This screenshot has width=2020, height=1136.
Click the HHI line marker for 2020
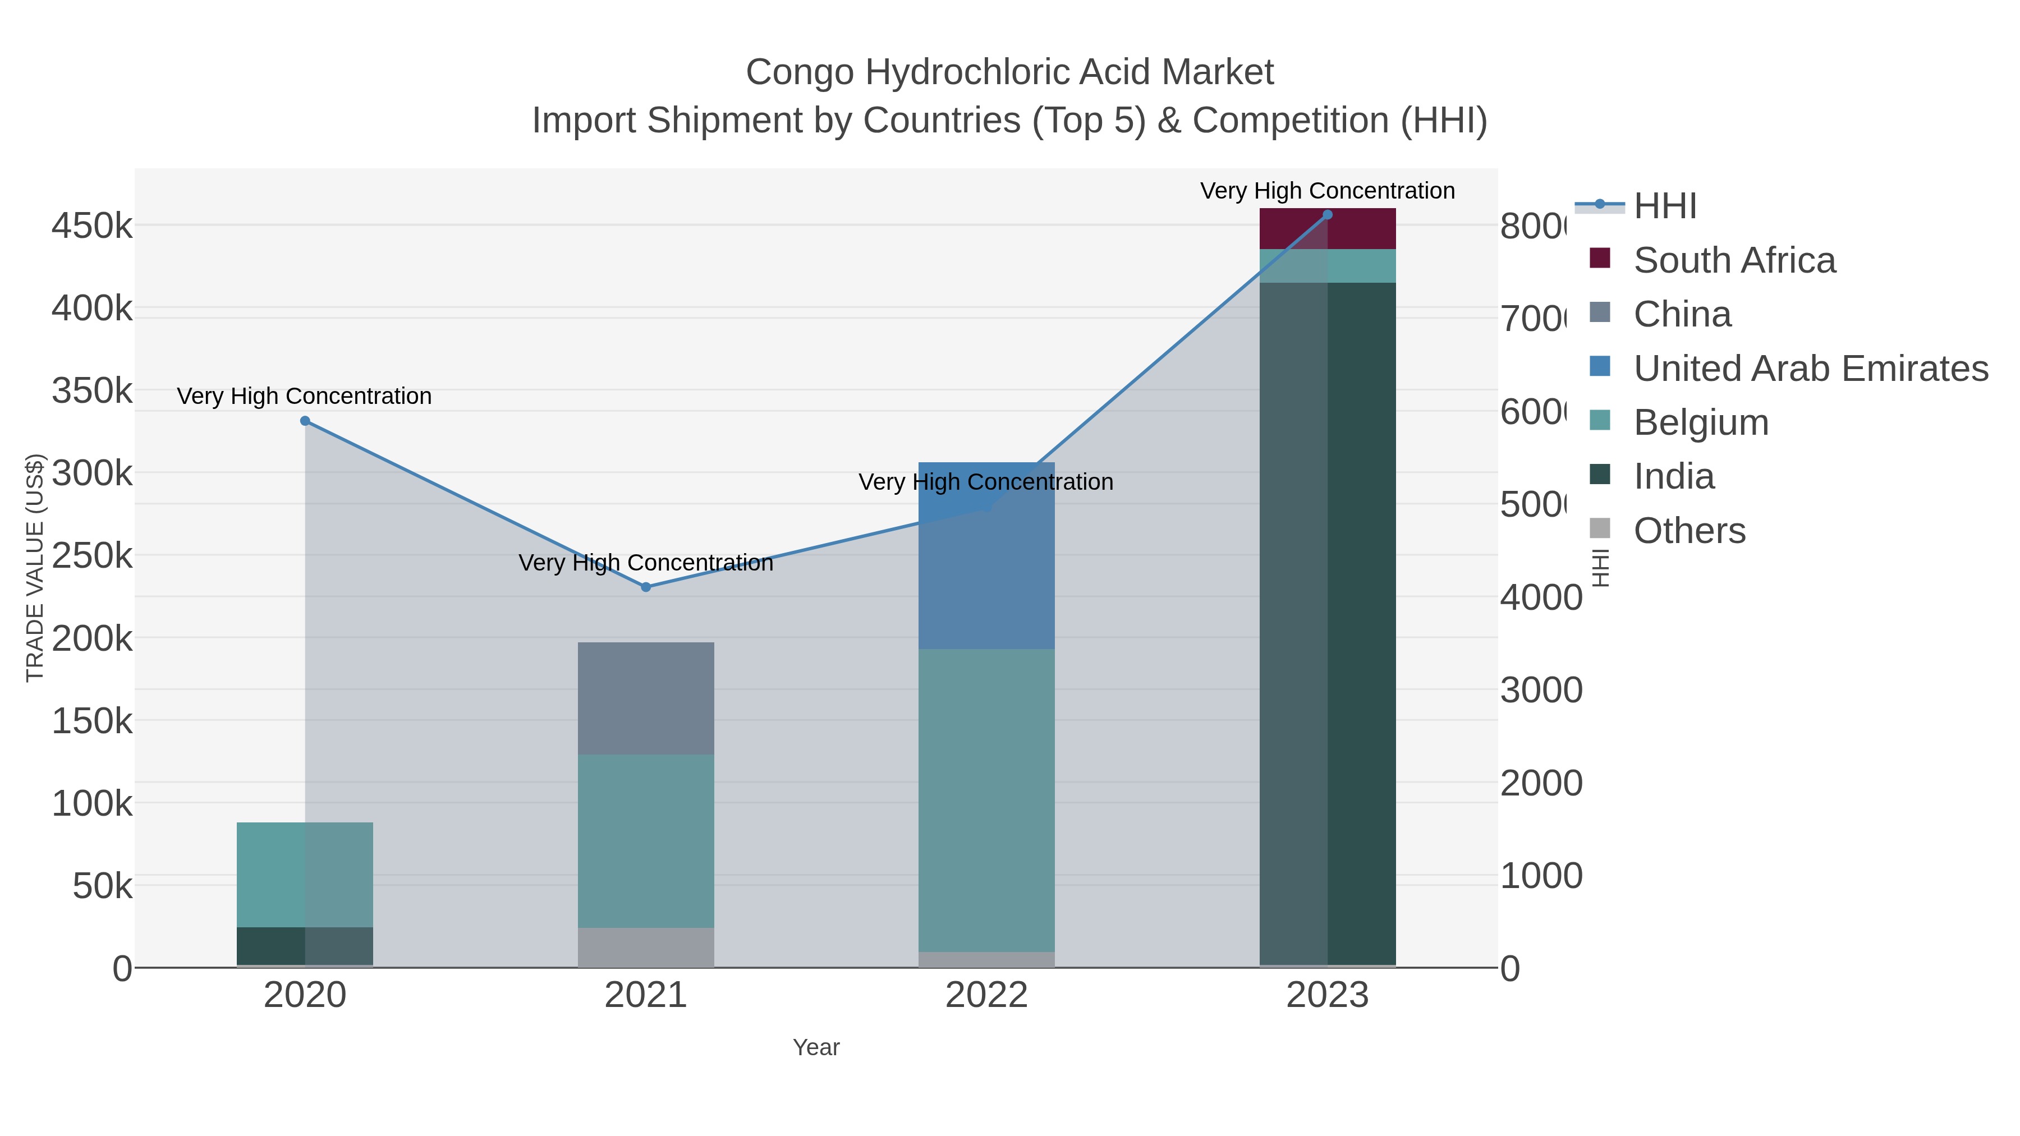[x=305, y=421]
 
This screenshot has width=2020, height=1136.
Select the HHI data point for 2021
[x=645, y=587]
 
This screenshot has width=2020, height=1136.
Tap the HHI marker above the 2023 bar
[x=1328, y=215]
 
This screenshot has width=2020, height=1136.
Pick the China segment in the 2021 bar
[x=645, y=698]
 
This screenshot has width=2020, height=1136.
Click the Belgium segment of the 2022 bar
[x=986, y=799]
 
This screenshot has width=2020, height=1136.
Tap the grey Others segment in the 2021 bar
[x=645, y=947]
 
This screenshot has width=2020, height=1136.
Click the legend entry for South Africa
[x=1734, y=260]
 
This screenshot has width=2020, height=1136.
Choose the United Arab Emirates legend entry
[x=1810, y=369]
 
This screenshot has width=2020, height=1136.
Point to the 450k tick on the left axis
[x=92, y=227]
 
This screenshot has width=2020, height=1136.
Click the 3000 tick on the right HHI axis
[x=1541, y=691]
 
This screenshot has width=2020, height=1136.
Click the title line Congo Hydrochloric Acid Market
[x=1009, y=72]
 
